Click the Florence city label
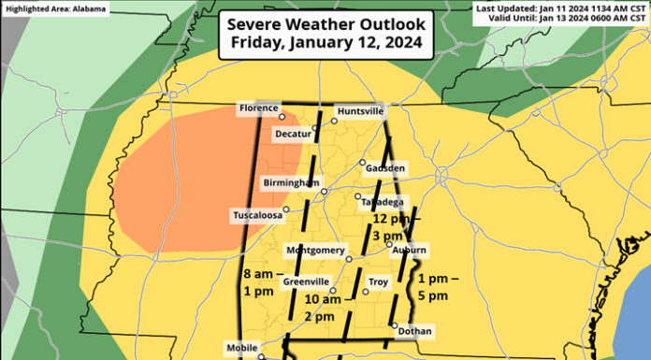(257, 108)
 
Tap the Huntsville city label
(360, 110)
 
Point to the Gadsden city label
(386, 168)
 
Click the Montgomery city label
(315, 251)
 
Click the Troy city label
(379, 281)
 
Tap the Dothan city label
(414, 331)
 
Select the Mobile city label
(240, 346)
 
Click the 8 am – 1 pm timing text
(259, 282)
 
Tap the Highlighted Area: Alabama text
(53, 8)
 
